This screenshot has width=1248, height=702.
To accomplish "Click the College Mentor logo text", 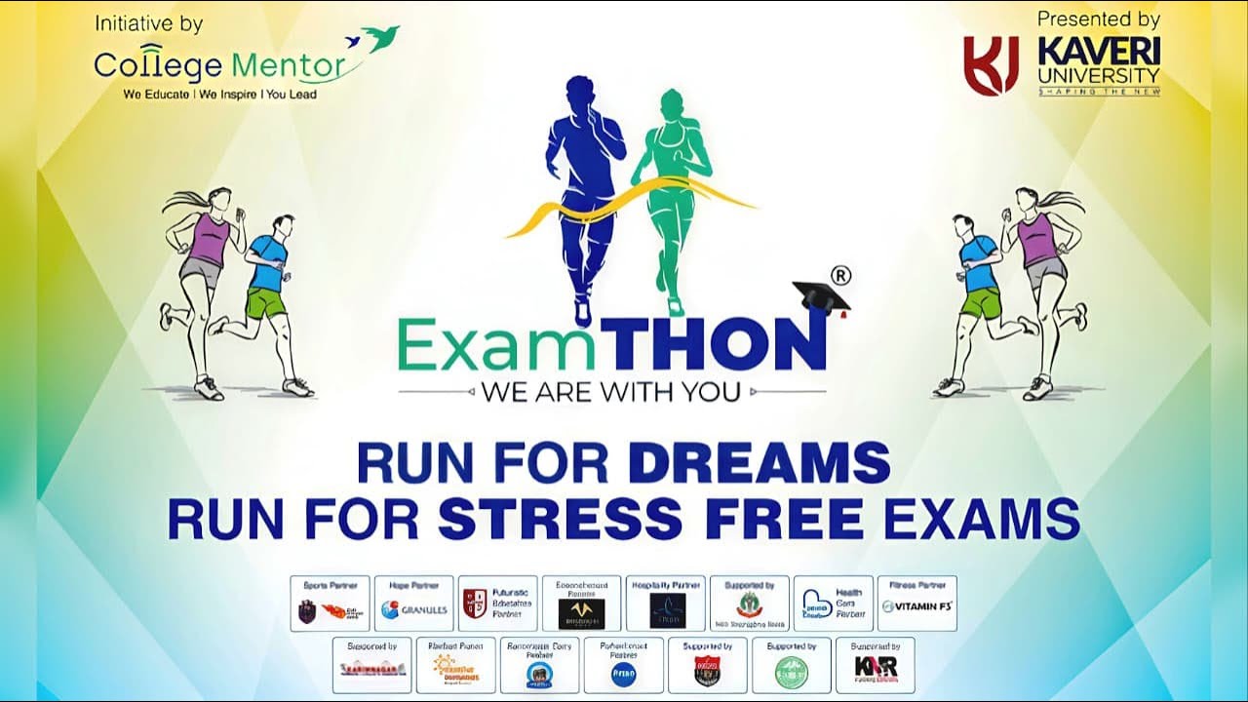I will pos(220,65).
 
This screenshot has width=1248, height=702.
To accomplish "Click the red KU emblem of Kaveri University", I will pos(991,65).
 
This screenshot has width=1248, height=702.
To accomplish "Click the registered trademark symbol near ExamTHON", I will pos(839,276).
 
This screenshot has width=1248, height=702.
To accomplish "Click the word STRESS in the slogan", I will pos(552,519).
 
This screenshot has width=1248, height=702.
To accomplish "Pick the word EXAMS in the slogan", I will pos(979,519).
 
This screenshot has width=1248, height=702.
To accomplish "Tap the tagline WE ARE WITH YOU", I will pos(610,393).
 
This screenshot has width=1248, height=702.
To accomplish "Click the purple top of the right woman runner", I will pos(1036,239).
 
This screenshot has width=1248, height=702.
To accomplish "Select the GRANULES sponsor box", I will pos(414,604).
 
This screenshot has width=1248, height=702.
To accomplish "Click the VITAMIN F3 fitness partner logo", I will pos(916,606).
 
